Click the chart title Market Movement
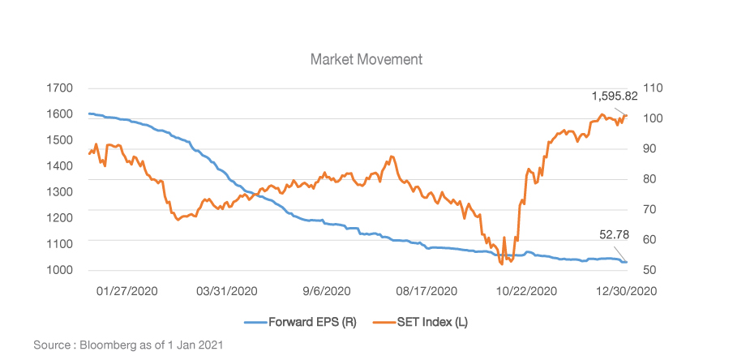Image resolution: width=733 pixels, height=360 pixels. click(366, 60)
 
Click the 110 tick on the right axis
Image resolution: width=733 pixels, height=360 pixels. click(654, 88)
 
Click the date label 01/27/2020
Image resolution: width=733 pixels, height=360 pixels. click(127, 291)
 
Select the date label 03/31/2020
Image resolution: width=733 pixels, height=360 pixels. click(228, 291)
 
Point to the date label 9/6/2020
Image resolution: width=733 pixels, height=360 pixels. click(326, 291)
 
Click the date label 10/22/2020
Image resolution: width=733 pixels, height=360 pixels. click(526, 291)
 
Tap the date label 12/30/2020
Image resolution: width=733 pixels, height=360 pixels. click(627, 291)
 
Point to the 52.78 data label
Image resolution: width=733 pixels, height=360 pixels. click(615, 234)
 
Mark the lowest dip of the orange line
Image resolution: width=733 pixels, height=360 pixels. click(501, 264)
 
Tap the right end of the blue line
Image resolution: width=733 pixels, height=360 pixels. click(626, 262)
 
